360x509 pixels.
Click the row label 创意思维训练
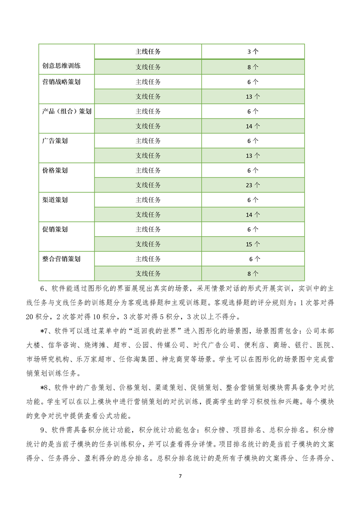pyautogui.click(x=61, y=67)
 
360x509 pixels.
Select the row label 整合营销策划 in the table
pyautogui.click(x=61, y=259)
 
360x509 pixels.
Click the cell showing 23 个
pyautogui.click(x=253, y=185)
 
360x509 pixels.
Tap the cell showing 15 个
pyautogui.click(x=253, y=244)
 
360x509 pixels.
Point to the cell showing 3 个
pyautogui.click(x=253, y=52)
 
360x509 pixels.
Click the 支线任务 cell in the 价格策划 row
pyautogui.click(x=148, y=185)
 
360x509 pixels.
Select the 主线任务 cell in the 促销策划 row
pyautogui.click(x=148, y=230)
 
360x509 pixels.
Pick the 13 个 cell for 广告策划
pyautogui.click(x=253, y=156)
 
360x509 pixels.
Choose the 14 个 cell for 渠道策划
pyautogui.click(x=253, y=215)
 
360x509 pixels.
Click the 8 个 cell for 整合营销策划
pyautogui.click(x=253, y=274)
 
